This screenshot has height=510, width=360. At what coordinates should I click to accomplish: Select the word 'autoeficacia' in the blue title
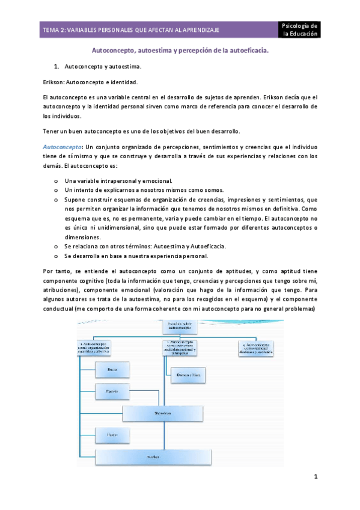(x=249, y=52)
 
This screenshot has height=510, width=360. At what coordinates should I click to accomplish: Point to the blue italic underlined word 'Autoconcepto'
(x=63, y=146)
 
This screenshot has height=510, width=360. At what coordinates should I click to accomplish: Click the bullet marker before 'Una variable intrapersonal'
(x=56, y=181)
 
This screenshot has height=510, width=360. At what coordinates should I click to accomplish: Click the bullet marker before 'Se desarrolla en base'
(x=56, y=256)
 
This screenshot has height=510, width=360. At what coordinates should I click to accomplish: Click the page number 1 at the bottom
(x=315, y=477)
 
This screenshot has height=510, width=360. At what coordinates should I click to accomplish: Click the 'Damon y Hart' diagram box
(x=184, y=375)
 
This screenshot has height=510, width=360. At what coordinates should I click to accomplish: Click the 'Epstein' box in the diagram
(x=111, y=392)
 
